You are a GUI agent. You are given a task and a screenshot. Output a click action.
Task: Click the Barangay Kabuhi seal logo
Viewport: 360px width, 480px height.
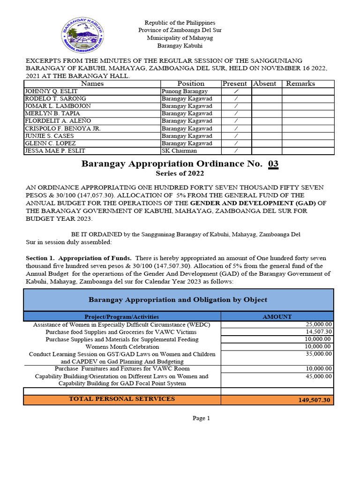(x=82, y=36)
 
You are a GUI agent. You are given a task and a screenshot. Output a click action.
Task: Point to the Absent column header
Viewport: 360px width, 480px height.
(x=265, y=83)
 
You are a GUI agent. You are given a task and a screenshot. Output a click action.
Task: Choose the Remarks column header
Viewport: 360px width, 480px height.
(x=300, y=83)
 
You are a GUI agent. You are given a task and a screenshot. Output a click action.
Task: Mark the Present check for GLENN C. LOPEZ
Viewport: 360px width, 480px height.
(x=236, y=143)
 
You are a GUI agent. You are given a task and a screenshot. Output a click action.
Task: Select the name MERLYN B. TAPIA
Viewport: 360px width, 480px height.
(x=45, y=113)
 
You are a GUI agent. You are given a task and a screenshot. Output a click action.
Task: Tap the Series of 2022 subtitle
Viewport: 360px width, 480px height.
(x=180, y=174)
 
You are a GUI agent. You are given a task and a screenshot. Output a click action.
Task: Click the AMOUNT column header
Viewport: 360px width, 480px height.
(x=277, y=317)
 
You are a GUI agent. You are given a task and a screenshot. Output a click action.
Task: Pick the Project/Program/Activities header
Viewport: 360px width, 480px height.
(x=122, y=317)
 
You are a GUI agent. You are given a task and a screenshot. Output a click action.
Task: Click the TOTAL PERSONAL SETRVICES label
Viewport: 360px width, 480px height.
(x=122, y=399)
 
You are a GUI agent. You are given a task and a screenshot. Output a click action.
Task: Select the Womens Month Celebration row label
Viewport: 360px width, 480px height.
(x=122, y=347)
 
